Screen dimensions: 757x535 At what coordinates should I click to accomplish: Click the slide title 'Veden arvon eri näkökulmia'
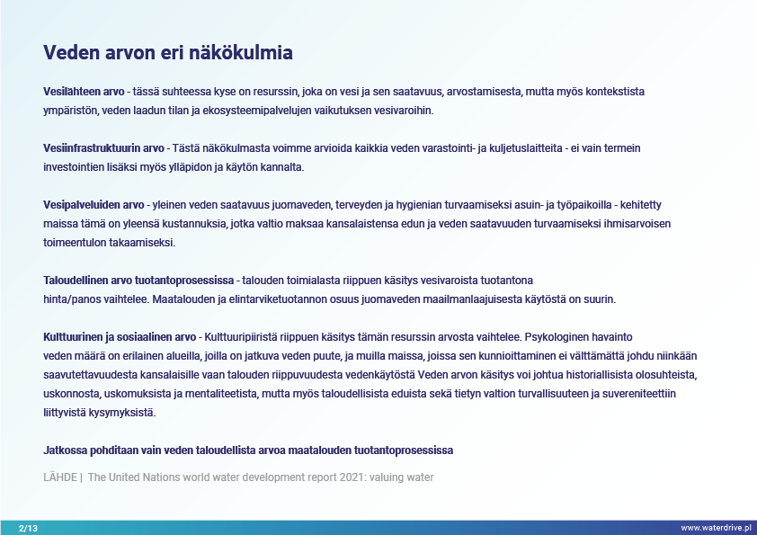(x=168, y=53)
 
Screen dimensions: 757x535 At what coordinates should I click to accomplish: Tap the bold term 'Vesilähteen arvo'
(x=84, y=91)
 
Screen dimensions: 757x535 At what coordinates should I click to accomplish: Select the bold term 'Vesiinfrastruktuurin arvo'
(x=103, y=148)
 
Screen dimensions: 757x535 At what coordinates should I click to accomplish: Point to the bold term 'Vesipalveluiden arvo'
(x=94, y=205)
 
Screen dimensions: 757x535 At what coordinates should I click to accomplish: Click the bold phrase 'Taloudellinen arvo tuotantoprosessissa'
(x=138, y=281)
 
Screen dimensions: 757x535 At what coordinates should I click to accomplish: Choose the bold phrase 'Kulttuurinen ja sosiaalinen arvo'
(x=120, y=337)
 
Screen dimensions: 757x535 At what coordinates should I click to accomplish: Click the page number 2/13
(x=28, y=528)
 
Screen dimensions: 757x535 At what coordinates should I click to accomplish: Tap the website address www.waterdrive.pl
(x=716, y=528)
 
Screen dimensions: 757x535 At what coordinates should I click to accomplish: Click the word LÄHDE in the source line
(x=60, y=477)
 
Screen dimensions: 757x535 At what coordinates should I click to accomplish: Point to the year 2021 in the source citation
(x=352, y=477)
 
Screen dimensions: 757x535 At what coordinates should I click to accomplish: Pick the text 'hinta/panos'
(x=72, y=299)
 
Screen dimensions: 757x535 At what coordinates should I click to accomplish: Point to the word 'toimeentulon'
(x=75, y=243)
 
